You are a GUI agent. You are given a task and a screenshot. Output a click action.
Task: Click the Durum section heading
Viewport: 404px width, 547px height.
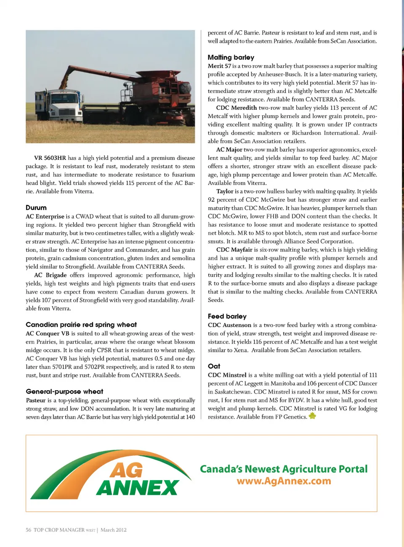pyautogui.click(x=36, y=208)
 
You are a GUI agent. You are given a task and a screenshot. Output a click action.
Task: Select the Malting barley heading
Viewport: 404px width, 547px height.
pyautogui.click(x=231, y=57)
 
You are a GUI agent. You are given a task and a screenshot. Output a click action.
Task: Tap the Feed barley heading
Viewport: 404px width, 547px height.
pyautogui.click(x=227, y=316)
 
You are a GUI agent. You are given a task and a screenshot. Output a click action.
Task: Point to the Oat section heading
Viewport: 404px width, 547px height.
pyautogui.click(x=214, y=366)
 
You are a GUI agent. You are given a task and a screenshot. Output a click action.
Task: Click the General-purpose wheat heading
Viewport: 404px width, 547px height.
pyautogui.click(x=64, y=391)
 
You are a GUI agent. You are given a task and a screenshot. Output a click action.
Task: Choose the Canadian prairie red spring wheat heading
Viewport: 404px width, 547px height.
pyautogui.click(x=81, y=325)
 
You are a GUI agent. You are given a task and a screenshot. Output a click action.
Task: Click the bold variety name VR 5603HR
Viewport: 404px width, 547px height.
pyautogui.click(x=50, y=158)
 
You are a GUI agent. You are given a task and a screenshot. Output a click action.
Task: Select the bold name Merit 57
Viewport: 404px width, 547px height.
pyautogui.click(x=219, y=66)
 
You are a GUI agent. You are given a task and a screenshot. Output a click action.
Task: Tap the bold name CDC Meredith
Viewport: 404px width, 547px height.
pyautogui.click(x=236, y=108)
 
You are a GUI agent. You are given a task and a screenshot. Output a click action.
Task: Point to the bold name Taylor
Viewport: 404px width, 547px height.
pyautogui.click(x=225, y=191)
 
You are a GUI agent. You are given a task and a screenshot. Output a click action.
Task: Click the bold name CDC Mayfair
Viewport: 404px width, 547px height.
pyautogui.click(x=234, y=250)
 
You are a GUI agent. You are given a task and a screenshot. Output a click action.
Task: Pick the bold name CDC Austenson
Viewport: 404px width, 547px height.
pyautogui.click(x=229, y=325)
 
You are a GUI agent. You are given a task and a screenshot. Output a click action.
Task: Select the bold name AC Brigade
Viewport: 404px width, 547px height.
pyautogui.click(x=50, y=275)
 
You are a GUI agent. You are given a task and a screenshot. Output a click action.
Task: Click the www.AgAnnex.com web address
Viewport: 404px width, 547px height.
pyautogui.click(x=284, y=481)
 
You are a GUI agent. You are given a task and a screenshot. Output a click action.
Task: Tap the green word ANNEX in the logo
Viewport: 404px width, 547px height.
pyautogui.click(x=137, y=488)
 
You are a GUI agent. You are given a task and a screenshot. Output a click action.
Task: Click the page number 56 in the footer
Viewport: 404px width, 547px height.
pyautogui.click(x=28, y=530)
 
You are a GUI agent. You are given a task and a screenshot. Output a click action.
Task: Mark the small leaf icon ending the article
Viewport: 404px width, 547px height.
pyautogui.click(x=312, y=416)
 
